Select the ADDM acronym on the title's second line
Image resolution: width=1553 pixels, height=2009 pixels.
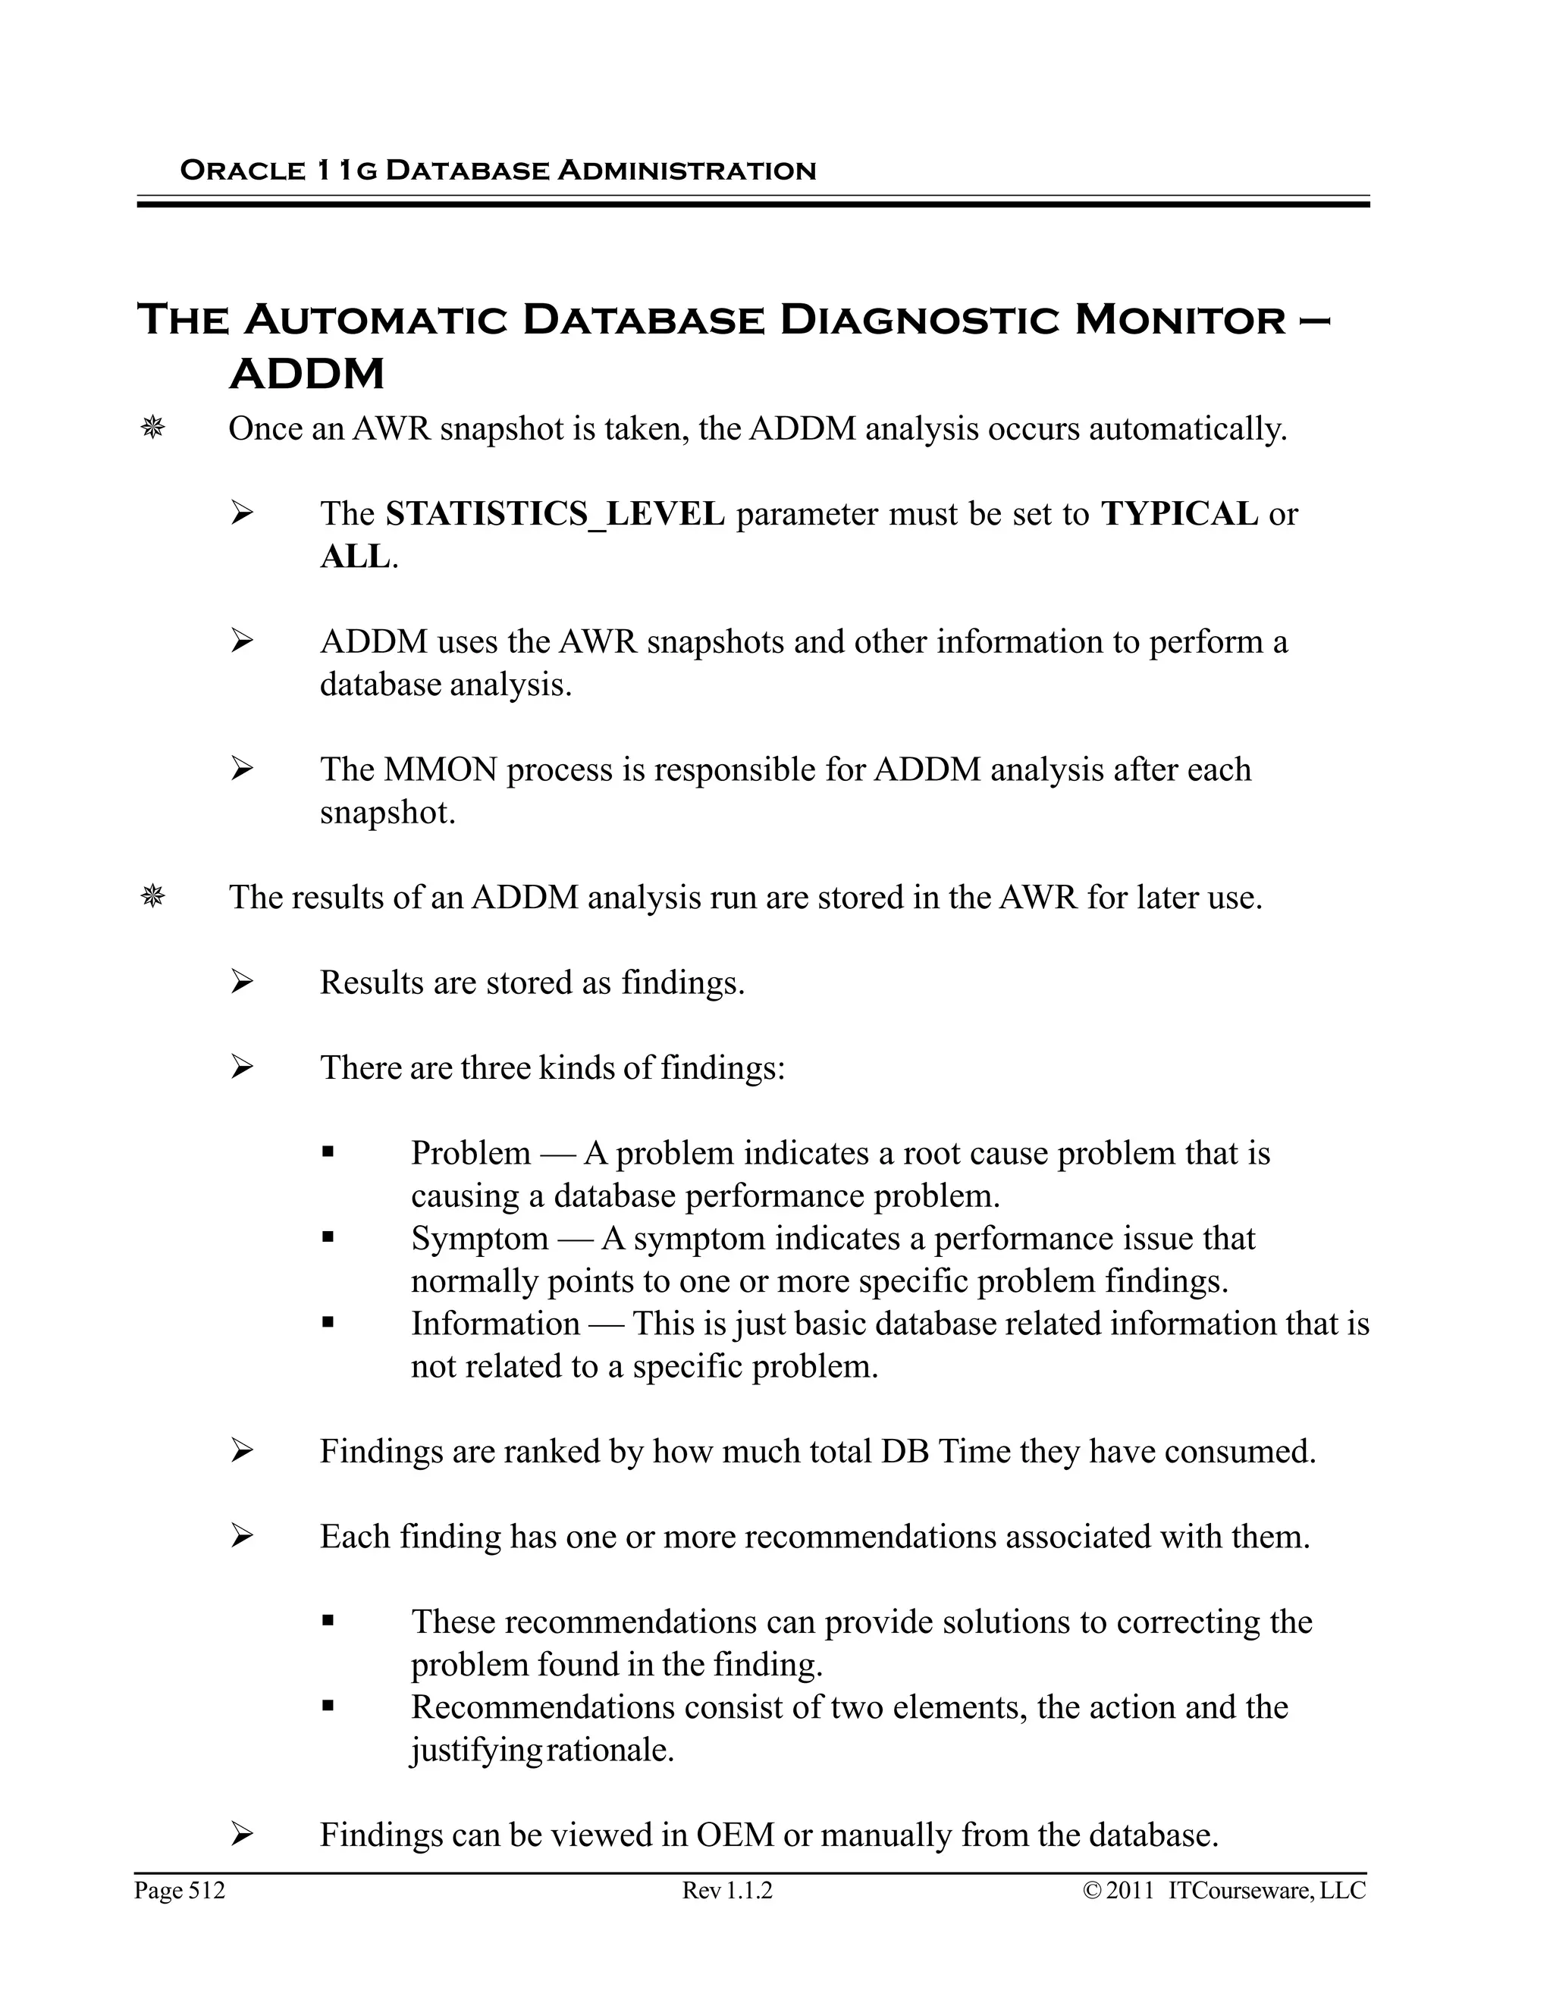pyautogui.click(x=306, y=375)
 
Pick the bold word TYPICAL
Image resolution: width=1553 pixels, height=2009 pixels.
pyautogui.click(x=1178, y=513)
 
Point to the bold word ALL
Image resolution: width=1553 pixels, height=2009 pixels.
pyautogui.click(x=355, y=556)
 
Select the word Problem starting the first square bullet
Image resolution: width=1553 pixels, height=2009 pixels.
pyautogui.click(x=470, y=1152)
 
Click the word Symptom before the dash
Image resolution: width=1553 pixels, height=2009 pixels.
pyautogui.click(x=479, y=1238)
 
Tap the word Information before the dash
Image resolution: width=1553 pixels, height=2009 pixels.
pyautogui.click(x=495, y=1324)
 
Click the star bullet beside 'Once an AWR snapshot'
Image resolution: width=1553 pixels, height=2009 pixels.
pyautogui.click(x=152, y=428)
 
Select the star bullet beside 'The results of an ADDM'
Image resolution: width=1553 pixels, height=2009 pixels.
pyautogui.click(x=152, y=897)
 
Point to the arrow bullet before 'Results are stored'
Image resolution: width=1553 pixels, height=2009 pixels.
pyautogui.click(x=241, y=983)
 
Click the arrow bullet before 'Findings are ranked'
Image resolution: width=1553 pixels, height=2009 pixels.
pyautogui.click(x=241, y=1452)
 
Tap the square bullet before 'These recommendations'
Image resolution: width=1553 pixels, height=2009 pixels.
pyautogui.click(x=328, y=1622)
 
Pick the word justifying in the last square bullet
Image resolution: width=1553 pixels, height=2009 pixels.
pyautogui.click(x=475, y=1750)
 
